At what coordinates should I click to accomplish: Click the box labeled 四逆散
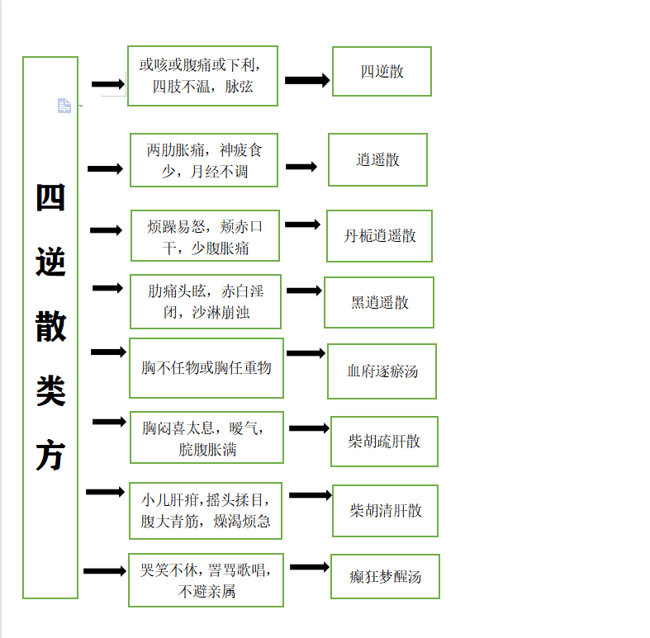[382, 71]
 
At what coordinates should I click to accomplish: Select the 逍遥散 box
[377, 159]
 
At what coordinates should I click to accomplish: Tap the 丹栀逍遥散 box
[379, 236]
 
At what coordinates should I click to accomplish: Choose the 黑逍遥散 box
[379, 302]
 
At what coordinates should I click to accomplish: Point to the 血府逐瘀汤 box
[382, 371]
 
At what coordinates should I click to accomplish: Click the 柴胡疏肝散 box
[384, 442]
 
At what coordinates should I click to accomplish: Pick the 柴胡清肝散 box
[385, 510]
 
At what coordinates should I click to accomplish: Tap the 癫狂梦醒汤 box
[385, 576]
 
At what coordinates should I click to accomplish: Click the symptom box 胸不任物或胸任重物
[206, 368]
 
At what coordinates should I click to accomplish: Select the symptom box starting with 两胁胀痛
[204, 160]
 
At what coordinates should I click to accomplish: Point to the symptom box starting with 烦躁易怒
[205, 236]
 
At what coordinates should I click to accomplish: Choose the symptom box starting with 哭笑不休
[206, 580]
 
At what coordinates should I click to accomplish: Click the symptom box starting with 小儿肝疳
[206, 510]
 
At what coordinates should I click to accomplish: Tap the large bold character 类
[50, 391]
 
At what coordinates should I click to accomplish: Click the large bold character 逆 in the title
[50, 262]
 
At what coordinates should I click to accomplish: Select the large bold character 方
[50, 455]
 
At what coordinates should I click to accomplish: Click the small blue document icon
[64, 106]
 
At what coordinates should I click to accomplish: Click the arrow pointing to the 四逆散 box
[307, 80]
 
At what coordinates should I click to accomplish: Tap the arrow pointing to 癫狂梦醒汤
[310, 567]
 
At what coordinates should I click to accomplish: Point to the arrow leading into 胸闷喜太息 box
[109, 422]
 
